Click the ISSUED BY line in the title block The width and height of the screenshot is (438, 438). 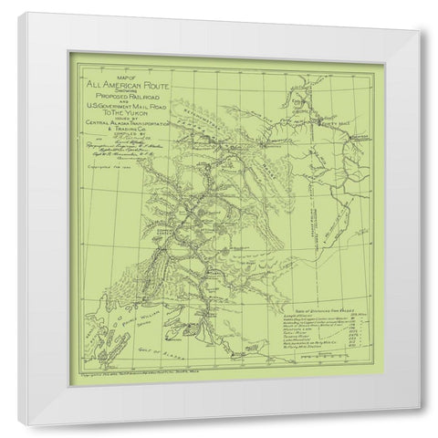point(133,117)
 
